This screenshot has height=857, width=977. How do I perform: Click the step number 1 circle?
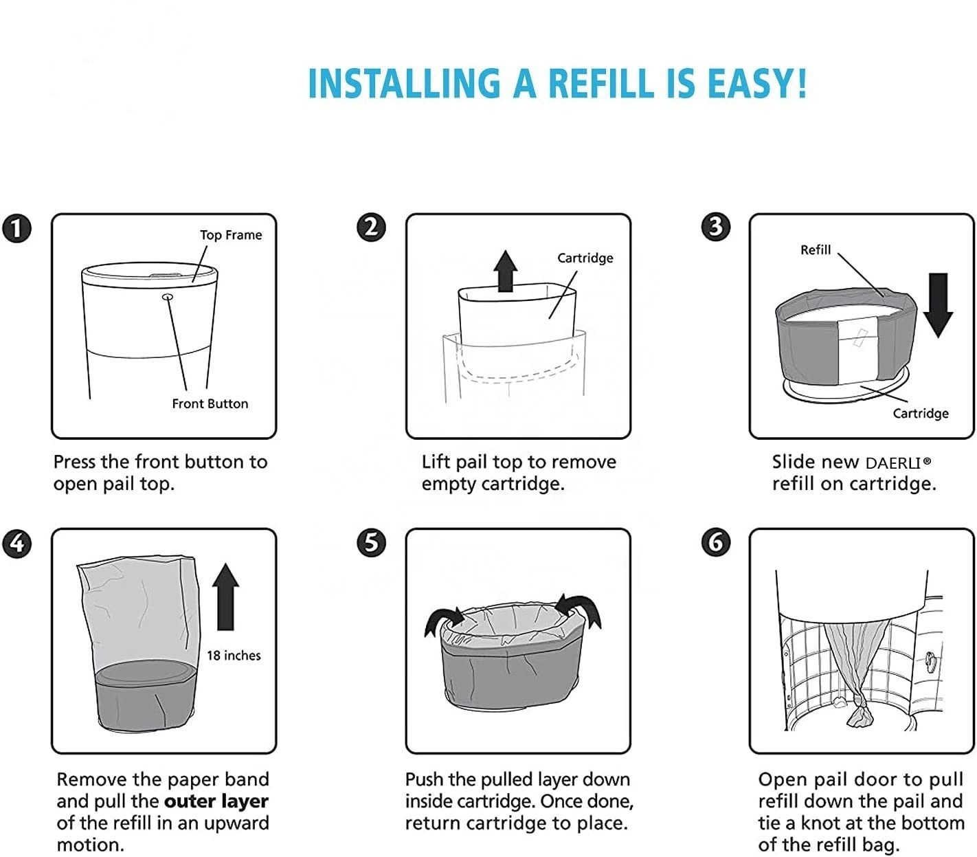click(17, 228)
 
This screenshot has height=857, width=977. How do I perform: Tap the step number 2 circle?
click(371, 227)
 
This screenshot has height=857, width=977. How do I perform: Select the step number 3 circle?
click(716, 227)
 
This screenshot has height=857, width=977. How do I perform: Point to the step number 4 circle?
click(17, 544)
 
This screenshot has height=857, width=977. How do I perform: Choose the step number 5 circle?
click(371, 542)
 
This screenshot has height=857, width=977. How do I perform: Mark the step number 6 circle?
click(716, 542)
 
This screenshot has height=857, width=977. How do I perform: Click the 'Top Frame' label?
click(231, 235)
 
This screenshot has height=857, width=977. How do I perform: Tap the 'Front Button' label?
click(210, 403)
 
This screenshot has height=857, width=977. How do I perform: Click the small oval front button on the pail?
click(168, 297)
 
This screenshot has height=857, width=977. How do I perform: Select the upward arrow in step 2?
click(506, 271)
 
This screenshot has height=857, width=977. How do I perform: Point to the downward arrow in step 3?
click(938, 305)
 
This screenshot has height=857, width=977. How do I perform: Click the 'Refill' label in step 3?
click(816, 250)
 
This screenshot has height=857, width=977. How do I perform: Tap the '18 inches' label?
click(234, 656)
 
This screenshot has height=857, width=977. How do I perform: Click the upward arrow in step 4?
click(225, 597)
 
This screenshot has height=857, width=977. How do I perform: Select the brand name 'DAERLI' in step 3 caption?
click(893, 463)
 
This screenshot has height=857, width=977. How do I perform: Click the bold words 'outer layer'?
click(216, 801)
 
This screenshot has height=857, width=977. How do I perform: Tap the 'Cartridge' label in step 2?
click(585, 258)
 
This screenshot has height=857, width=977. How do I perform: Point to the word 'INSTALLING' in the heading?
click(405, 83)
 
